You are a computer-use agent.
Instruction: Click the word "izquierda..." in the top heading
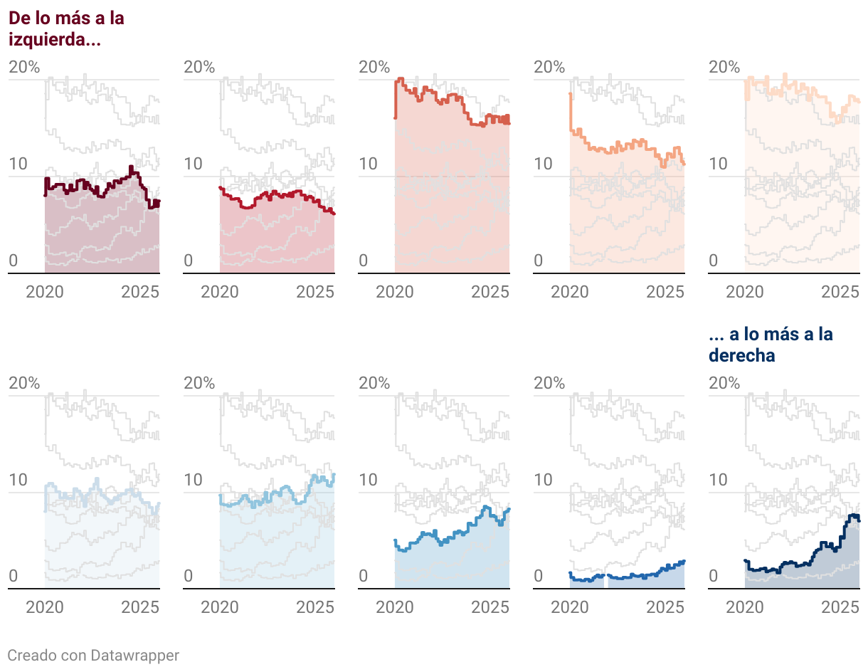54,39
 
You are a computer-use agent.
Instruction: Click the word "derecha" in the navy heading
741,355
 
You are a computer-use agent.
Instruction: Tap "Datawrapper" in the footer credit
134,655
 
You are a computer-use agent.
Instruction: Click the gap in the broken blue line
605,575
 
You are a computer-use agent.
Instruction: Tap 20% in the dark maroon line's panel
24,67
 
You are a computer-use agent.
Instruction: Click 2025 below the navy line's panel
841,607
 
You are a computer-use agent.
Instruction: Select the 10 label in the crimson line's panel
193,164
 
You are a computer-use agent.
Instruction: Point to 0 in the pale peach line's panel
714,261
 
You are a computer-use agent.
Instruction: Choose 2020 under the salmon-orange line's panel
570,292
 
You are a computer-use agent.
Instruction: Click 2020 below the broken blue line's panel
570,607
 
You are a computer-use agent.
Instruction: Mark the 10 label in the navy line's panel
718,480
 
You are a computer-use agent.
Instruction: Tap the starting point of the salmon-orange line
570,94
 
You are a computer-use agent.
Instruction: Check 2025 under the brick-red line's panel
491,292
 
